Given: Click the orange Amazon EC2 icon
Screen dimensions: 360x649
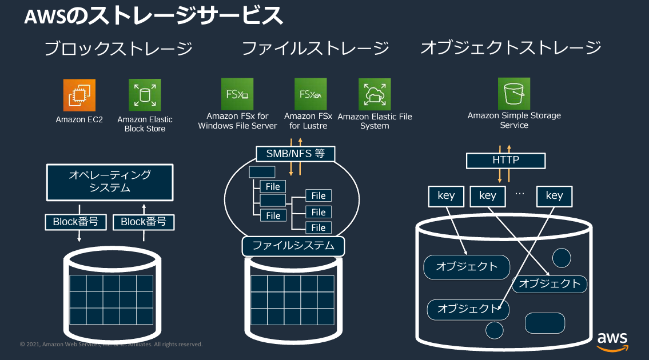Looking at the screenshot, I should pyautogui.click(x=79, y=95).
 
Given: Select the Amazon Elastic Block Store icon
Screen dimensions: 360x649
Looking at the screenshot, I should pyautogui.click(x=145, y=95).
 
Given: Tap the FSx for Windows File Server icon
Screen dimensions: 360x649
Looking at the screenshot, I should pyautogui.click(x=237, y=94).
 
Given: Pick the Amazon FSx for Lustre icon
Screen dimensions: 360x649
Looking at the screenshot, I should pyautogui.click(x=310, y=94).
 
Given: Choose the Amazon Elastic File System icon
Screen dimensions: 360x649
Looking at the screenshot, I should pyautogui.click(x=375, y=94).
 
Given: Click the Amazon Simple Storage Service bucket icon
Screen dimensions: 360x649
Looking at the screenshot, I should pyautogui.click(x=513, y=93).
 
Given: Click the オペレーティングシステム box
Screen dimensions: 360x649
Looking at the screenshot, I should pyautogui.click(x=109, y=183).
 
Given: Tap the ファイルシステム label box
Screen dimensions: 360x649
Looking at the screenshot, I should pyautogui.click(x=293, y=246).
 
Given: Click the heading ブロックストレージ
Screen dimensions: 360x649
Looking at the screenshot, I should pyautogui.click(x=118, y=49).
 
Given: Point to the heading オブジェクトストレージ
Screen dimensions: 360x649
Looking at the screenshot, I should pyautogui.click(x=511, y=47).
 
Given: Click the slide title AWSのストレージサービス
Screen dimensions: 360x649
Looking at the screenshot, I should pyautogui.click(x=153, y=17).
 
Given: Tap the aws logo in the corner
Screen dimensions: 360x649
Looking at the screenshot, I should pyautogui.click(x=612, y=341).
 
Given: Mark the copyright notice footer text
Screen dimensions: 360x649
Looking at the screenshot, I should pyautogui.click(x=111, y=345).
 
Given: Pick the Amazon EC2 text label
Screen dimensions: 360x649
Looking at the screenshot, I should pyautogui.click(x=79, y=120).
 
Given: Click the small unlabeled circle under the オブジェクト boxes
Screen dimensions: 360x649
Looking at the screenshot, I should pyautogui.click(x=494, y=330).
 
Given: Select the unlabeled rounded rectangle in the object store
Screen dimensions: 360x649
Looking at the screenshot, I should pyautogui.click(x=544, y=323).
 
